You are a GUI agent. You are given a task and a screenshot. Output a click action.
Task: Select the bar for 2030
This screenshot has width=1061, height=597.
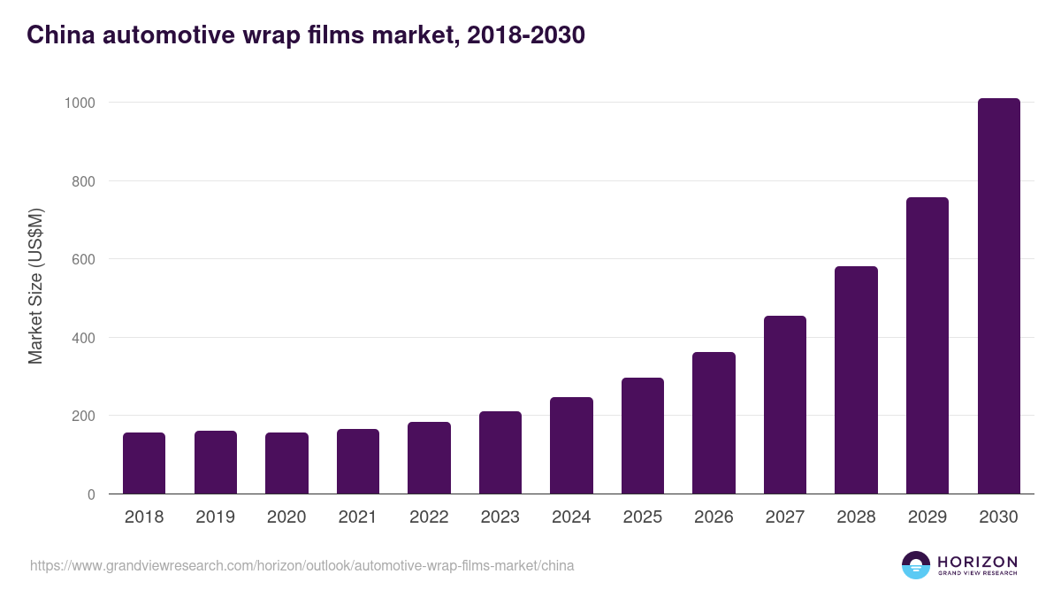(998, 296)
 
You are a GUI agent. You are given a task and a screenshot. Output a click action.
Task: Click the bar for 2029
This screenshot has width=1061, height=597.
(927, 346)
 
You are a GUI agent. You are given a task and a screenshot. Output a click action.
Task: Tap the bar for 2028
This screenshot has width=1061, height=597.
(856, 380)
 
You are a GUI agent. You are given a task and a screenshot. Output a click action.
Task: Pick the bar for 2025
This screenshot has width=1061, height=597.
(643, 436)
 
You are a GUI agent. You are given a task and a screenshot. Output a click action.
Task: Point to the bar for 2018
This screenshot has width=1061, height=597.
(144, 463)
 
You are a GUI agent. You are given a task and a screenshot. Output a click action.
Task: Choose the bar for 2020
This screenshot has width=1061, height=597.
(286, 463)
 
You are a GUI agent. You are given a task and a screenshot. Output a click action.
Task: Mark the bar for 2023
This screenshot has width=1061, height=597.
(500, 453)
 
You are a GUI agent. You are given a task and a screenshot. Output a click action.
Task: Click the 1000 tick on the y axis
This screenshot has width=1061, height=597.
(80, 103)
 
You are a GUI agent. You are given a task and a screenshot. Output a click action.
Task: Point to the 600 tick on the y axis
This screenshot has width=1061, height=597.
(83, 259)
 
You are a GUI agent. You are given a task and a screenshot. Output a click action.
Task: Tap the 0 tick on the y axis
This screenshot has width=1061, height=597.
(91, 494)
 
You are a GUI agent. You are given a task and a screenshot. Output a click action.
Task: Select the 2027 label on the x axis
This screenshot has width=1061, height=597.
(785, 517)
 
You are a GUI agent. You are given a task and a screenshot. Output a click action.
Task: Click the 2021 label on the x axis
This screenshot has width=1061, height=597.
(358, 517)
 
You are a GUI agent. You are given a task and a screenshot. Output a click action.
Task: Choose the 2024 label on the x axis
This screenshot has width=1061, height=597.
(571, 517)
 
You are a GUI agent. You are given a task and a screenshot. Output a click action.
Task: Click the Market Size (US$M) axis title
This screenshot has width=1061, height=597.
(35, 286)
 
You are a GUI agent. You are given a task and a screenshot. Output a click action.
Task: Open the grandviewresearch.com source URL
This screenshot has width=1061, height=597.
(302, 565)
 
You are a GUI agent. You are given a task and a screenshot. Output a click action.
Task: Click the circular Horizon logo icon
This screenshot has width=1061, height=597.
(916, 565)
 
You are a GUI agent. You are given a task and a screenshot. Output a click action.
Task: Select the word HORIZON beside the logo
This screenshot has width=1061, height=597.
(977, 561)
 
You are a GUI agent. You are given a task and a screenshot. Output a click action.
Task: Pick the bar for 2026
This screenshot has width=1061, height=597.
(714, 424)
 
